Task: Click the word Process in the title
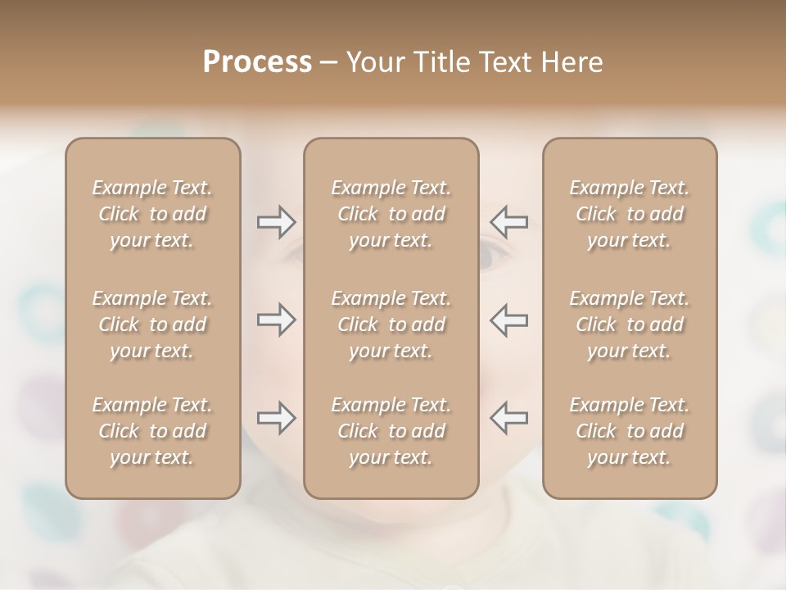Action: [x=257, y=62]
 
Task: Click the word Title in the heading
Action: [x=440, y=62]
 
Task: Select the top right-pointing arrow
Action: [x=276, y=222]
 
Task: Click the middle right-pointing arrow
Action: [x=276, y=320]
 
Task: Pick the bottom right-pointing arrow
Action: [x=276, y=418]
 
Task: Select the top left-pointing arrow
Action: [x=509, y=222]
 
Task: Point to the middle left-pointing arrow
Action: [x=509, y=320]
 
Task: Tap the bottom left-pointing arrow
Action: [x=509, y=418]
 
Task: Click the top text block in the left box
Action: [x=152, y=214]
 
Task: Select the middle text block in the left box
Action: [x=152, y=324]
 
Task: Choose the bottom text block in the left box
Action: [x=152, y=431]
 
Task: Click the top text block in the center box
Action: [x=391, y=214]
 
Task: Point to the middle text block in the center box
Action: [x=391, y=324]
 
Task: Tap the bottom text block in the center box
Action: [x=391, y=431]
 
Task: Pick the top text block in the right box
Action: [x=629, y=214]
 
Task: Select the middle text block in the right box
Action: [x=629, y=324]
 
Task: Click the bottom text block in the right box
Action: [x=629, y=431]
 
